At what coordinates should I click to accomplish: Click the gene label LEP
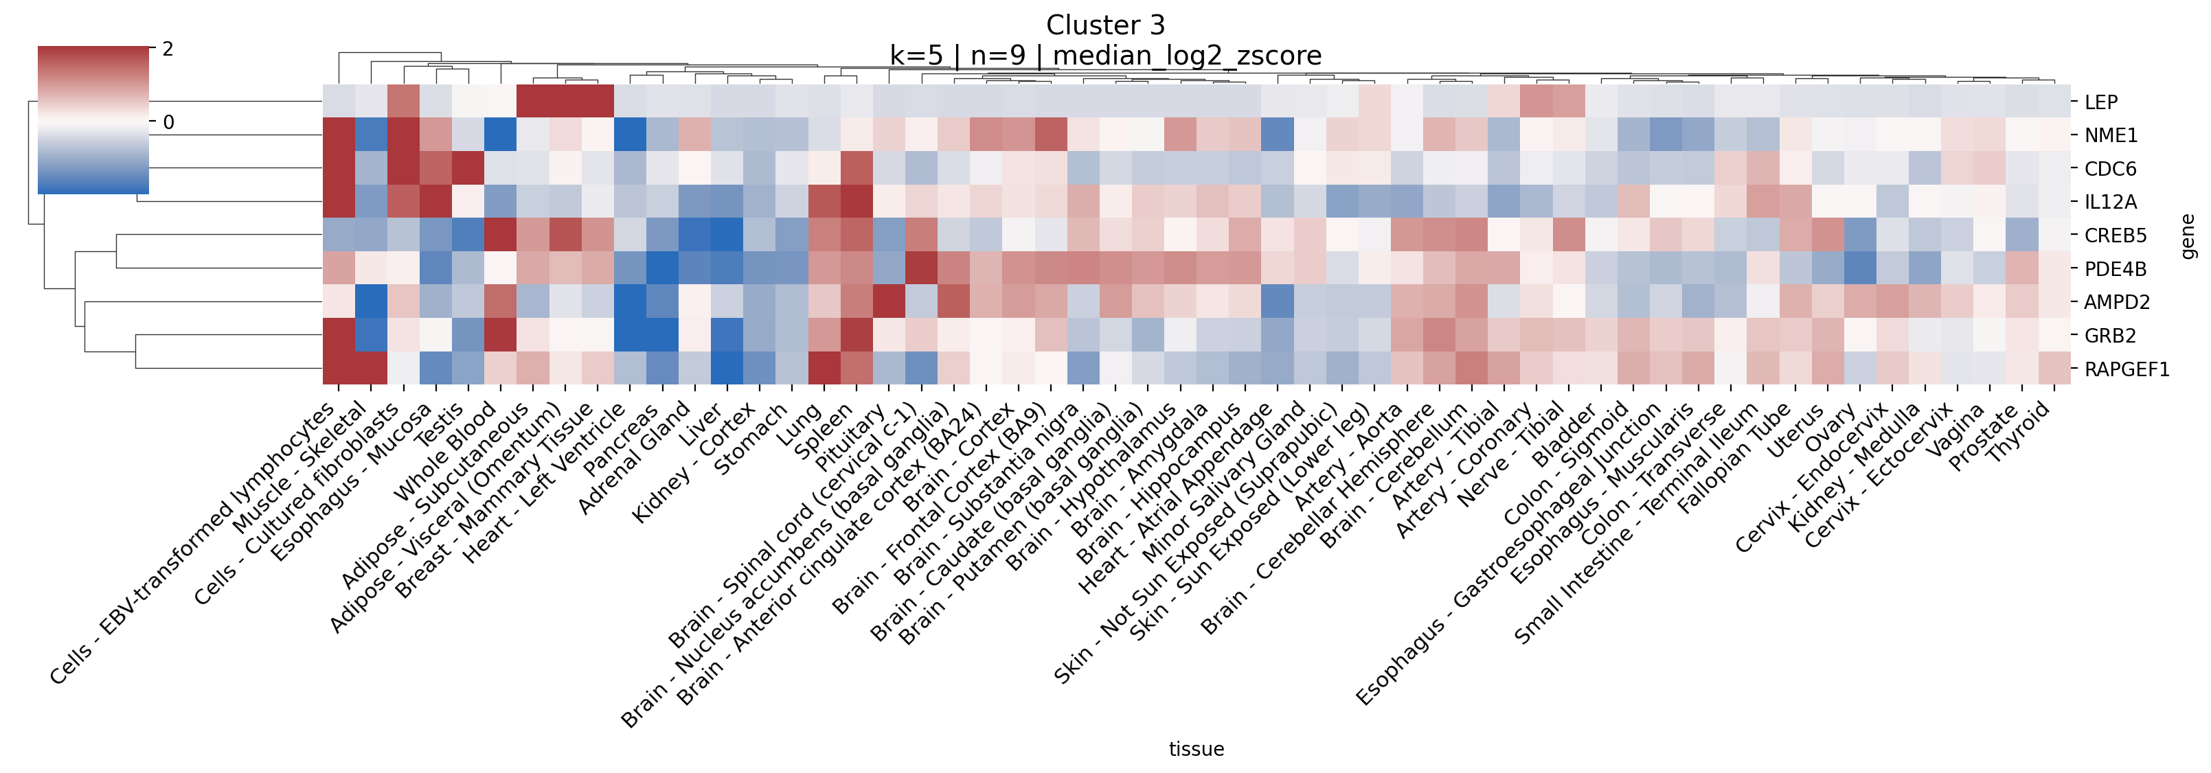point(2100,102)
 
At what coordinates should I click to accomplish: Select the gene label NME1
point(2110,135)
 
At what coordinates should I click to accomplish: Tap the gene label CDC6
point(2110,169)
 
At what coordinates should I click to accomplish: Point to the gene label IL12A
point(2111,203)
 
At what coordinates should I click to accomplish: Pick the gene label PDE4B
point(2115,269)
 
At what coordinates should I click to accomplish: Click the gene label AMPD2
point(2117,302)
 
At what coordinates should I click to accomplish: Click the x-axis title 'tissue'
point(1196,749)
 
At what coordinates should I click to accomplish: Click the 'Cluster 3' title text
point(1106,25)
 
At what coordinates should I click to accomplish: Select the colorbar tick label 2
point(168,49)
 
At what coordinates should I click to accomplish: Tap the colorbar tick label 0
point(168,123)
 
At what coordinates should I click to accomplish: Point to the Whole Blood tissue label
point(444,450)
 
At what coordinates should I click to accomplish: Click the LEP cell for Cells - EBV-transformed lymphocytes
point(338,101)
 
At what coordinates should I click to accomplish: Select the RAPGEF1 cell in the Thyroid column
point(2054,369)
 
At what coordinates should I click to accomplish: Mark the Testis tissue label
point(439,424)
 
